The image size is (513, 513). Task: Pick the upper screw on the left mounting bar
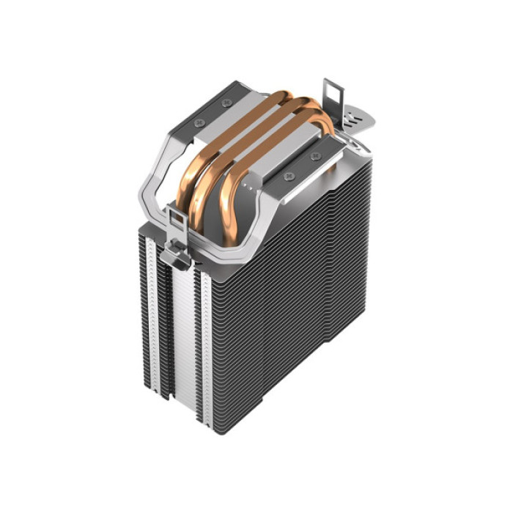coord(226,103)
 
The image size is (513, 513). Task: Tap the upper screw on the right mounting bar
coord(316,156)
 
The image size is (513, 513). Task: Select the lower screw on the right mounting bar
coord(287,176)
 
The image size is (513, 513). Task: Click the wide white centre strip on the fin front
coord(184,337)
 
